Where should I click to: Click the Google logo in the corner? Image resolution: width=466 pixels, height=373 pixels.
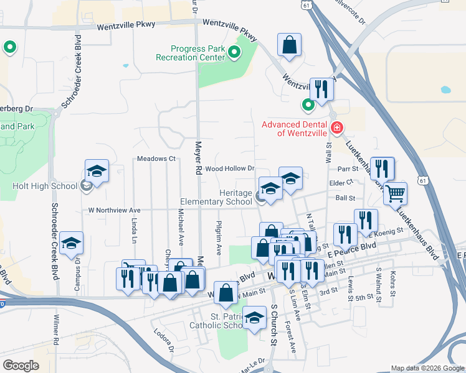tap(21, 366)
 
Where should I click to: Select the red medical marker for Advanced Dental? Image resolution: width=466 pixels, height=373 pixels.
tap(337, 128)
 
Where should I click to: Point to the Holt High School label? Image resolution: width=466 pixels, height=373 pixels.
tap(44, 185)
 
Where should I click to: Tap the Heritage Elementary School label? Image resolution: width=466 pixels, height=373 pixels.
tap(216, 198)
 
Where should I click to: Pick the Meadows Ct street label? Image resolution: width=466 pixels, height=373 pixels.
tap(156, 159)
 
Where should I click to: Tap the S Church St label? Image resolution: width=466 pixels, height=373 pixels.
tap(273, 324)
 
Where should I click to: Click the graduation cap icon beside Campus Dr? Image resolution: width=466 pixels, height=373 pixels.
tap(72, 242)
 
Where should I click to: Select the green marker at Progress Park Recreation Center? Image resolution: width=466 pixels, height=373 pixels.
tap(234, 52)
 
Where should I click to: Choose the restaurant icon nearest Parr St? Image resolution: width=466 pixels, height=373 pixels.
tap(382, 168)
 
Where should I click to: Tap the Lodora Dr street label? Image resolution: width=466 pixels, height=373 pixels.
tap(163, 341)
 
